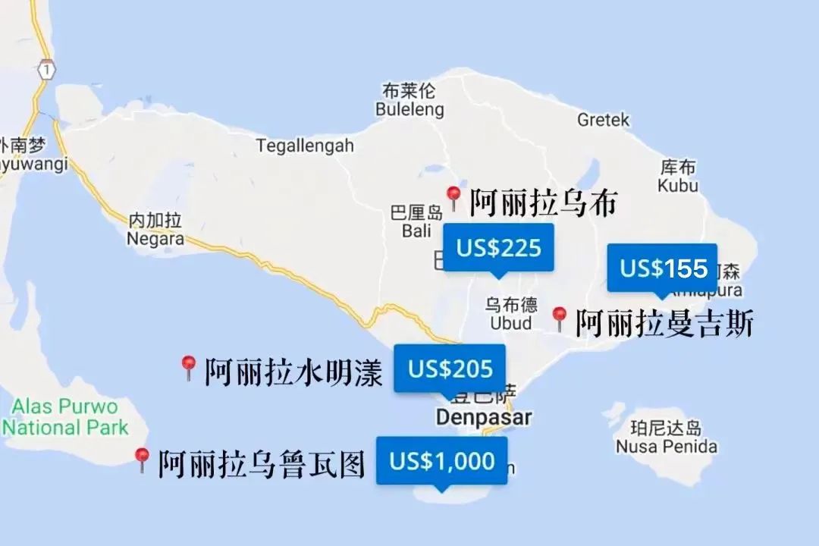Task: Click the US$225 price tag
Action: [498, 248]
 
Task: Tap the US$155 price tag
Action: [663, 268]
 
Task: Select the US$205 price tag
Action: [450, 369]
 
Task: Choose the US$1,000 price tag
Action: [441, 460]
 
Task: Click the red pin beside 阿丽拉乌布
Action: [453, 198]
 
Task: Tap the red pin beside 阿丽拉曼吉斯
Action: [560, 318]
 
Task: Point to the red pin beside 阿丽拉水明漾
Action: [189, 368]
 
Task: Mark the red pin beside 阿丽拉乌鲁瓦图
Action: [142, 460]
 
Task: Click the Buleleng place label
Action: [409, 110]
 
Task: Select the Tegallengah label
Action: [305, 145]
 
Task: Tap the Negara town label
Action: [155, 238]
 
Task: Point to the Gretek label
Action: [603, 120]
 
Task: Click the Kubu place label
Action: [678, 185]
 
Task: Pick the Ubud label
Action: [510, 323]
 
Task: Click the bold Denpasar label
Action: [483, 417]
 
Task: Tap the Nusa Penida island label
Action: [667, 446]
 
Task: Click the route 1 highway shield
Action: [47, 68]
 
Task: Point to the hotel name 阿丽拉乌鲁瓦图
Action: [262, 463]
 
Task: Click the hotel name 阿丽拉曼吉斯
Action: [664, 323]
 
